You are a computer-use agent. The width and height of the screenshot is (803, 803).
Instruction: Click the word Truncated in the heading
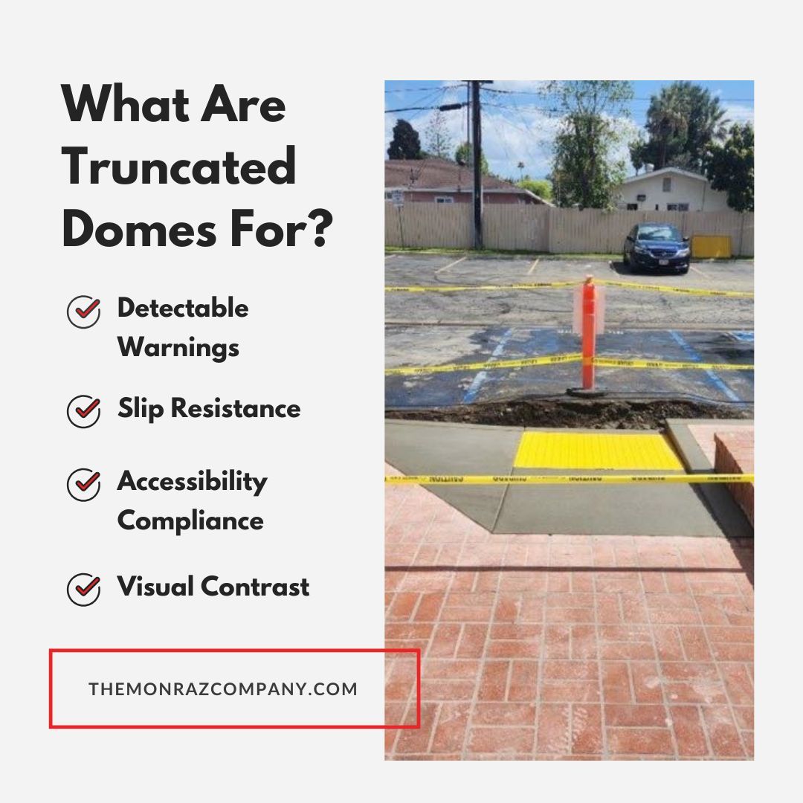[x=179, y=168]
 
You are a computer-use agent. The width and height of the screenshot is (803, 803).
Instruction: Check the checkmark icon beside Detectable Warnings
[x=83, y=312]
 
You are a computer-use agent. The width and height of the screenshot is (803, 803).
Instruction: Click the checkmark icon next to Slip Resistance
[x=83, y=411]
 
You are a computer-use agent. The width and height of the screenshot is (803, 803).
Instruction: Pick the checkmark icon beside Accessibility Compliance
[x=83, y=486]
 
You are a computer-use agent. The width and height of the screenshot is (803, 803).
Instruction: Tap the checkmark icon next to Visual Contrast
[x=83, y=589]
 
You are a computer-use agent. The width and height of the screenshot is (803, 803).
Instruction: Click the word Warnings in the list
[x=178, y=348]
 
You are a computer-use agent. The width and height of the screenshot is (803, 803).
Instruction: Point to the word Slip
[x=141, y=408]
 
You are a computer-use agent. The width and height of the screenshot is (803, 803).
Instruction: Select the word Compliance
[x=190, y=520]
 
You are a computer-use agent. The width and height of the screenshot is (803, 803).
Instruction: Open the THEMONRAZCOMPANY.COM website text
[x=223, y=688]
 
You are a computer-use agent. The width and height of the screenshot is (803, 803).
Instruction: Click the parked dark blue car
[x=657, y=247]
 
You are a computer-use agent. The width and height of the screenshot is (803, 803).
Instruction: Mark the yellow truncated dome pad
[x=598, y=451]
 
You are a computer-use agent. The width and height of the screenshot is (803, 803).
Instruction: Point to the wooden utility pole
[x=477, y=164]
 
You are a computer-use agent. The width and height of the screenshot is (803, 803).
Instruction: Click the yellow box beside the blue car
[x=712, y=247]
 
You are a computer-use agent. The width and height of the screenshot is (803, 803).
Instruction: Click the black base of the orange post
[x=588, y=392]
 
